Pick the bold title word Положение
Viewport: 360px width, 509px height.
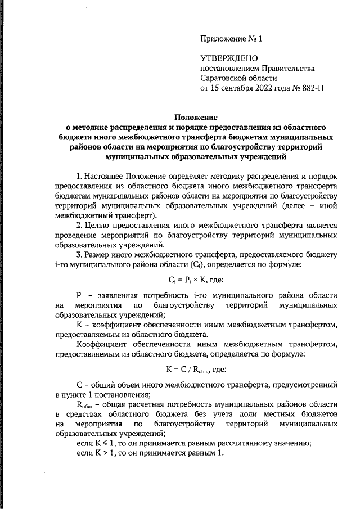tap(196, 117)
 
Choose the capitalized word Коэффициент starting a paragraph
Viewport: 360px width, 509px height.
tap(105, 344)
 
